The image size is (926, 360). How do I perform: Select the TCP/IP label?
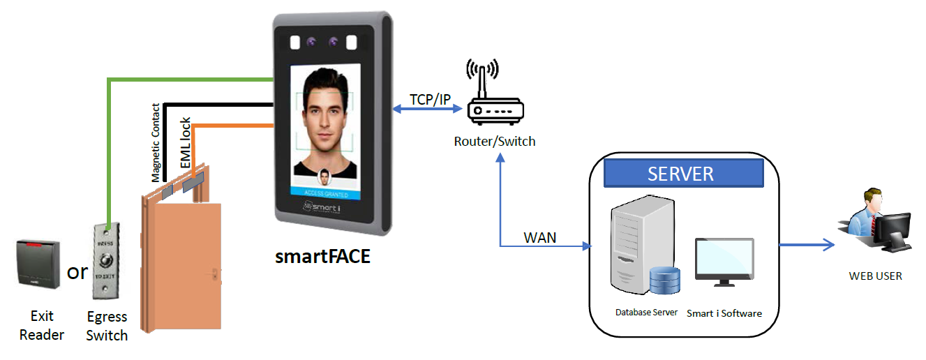[430, 99]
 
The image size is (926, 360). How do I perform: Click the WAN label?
[540, 237]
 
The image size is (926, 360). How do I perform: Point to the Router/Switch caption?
[495, 142]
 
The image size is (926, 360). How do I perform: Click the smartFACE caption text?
[322, 256]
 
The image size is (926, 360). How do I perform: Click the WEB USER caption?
[875, 276]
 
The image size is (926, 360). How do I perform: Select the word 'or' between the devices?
[77, 271]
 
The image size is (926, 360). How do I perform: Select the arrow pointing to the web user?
[806, 244]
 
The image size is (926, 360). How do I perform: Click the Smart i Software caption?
[724, 313]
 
